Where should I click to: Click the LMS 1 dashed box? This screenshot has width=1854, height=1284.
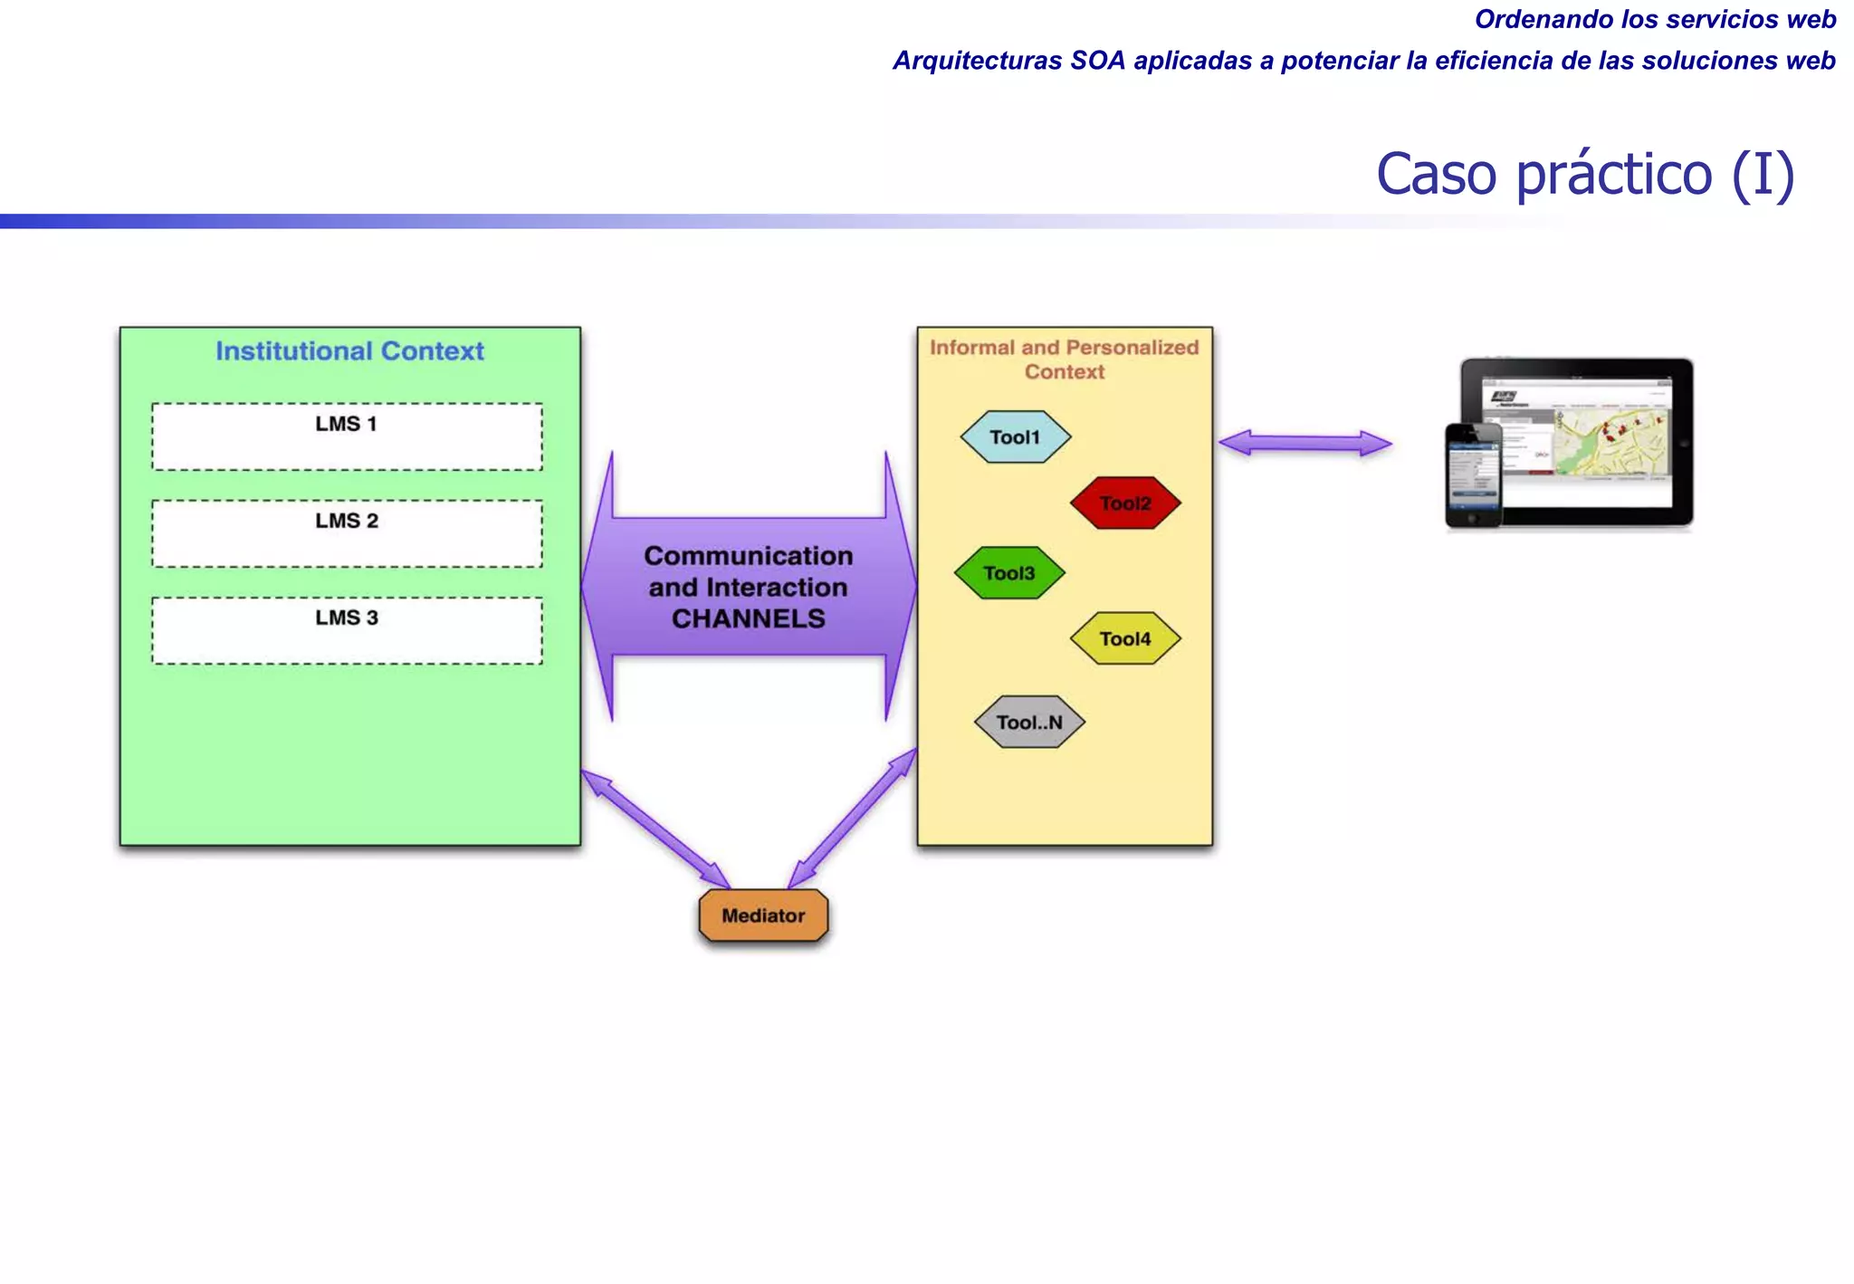347,436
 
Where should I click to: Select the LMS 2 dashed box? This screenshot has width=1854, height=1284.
347,533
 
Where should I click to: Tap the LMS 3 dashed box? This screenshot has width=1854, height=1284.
347,630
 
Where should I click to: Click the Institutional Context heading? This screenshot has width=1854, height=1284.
349,351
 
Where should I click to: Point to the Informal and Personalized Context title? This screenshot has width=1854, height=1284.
1064,359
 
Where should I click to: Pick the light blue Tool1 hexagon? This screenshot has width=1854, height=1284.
1015,437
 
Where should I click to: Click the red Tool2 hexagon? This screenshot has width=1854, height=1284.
1125,503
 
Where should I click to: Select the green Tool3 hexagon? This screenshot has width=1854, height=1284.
1008,573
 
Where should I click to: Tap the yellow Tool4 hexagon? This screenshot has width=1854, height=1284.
1125,639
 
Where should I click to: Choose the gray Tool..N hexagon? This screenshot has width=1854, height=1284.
1029,723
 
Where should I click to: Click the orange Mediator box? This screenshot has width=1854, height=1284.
763,915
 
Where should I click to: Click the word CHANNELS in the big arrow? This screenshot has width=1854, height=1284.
748,618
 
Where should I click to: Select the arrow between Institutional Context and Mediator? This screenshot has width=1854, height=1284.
655,829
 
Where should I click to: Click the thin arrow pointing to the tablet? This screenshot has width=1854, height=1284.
1304,444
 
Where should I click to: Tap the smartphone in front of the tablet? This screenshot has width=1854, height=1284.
1473,475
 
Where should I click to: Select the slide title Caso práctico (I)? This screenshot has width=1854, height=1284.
1584,174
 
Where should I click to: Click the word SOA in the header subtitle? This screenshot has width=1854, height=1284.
1097,61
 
